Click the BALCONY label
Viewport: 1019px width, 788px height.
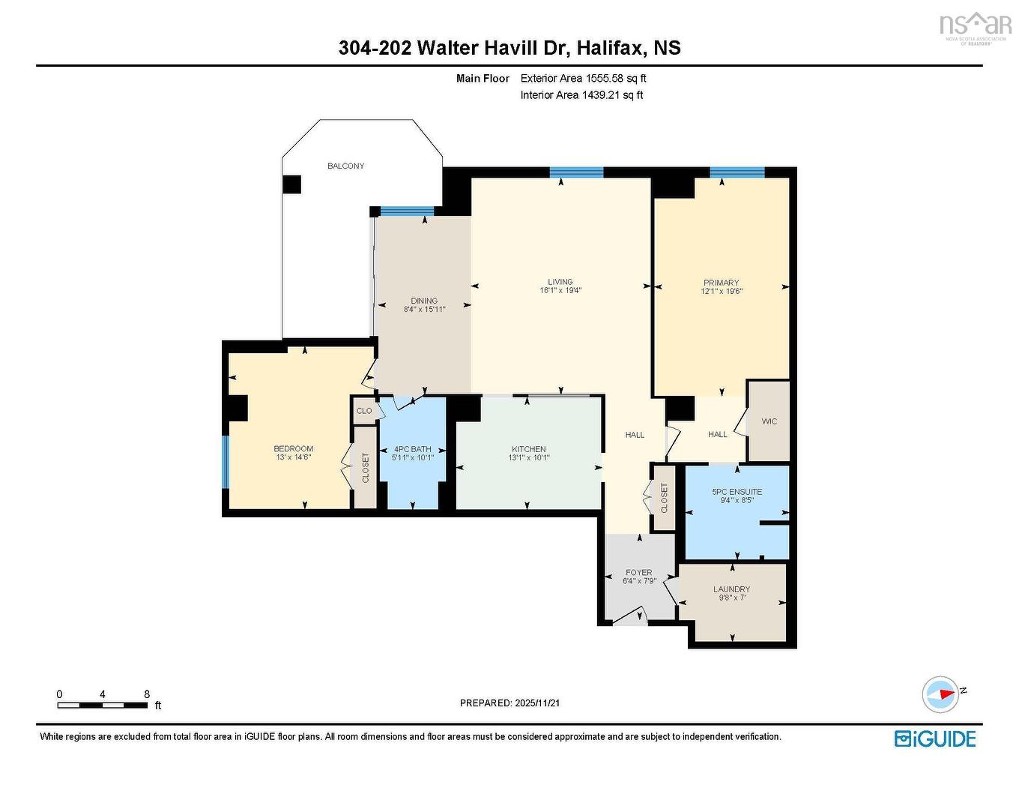click(345, 166)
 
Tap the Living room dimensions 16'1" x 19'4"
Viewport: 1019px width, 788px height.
click(560, 291)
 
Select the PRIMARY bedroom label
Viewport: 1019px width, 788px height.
click(721, 283)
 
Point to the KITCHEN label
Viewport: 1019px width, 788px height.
click(528, 449)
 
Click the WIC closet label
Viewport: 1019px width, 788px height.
click(769, 421)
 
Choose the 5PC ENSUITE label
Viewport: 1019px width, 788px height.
click(737, 492)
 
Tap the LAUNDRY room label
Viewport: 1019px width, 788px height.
click(731, 589)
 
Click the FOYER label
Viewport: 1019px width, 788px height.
click(638, 572)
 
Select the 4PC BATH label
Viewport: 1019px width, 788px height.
click(412, 449)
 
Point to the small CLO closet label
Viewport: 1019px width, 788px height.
click(364, 411)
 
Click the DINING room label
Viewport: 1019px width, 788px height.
click(424, 301)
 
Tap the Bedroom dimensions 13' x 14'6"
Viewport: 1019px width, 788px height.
click(293, 457)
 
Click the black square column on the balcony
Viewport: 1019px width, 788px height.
click(292, 184)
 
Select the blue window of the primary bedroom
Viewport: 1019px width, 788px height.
click(737, 172)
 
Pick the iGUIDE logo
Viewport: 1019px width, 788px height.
click(935, 739)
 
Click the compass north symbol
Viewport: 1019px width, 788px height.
click(942, 694)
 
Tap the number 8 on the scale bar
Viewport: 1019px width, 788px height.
click(147, 694)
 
